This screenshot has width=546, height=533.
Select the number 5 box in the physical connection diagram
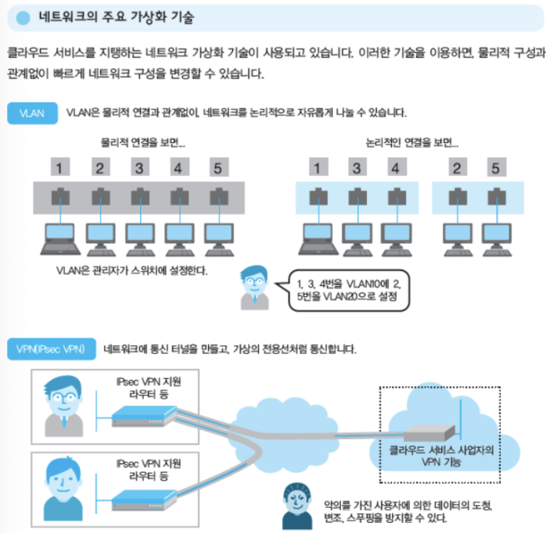218,167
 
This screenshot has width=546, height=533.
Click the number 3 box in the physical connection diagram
138,167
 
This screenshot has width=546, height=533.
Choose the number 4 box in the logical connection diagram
396,167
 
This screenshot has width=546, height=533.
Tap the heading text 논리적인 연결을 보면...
411,144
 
